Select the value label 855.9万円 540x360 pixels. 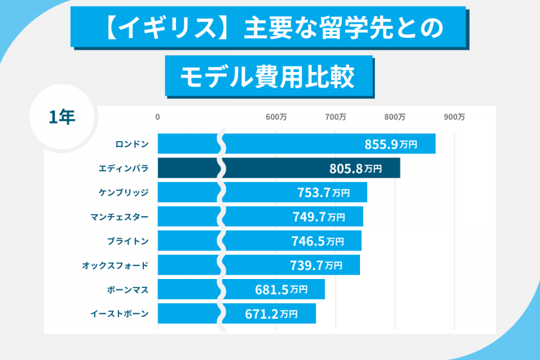point(391,145)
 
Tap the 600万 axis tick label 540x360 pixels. point(276,118)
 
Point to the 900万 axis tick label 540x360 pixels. point(454,118)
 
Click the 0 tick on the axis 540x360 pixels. point(158,118)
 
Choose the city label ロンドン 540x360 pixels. point(131,144)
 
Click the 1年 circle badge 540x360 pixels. point(62,116)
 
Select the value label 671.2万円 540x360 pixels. point(271,313)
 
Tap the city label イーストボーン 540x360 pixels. point(119,313)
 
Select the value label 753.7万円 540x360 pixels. point(323,193)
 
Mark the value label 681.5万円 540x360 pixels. point(281,289)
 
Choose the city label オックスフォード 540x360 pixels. point(115,265)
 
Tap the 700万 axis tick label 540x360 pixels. point(335,118)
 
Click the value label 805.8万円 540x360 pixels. point(355,169)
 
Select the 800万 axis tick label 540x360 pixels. point(395,118)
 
